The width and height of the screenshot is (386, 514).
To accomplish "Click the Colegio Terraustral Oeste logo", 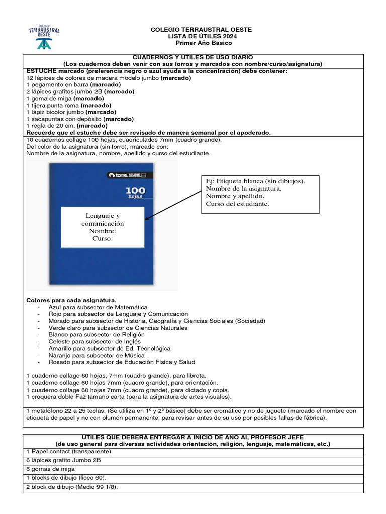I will click(x=44, y=36).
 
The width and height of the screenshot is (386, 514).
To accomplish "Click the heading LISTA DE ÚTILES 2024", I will click(x=201, y=37).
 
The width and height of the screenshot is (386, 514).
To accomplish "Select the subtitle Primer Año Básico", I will click(x=201, y=44).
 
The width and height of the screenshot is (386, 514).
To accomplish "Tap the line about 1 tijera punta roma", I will click(x=68, y=106).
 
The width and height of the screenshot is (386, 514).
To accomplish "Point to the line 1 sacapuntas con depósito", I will click(x=79, y=119).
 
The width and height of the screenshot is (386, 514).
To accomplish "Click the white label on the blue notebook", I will click(x=103, y=227).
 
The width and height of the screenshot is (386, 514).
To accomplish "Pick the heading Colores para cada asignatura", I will click(x=71, y=300).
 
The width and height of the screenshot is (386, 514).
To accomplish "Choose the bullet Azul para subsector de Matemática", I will click(x=98, y=307).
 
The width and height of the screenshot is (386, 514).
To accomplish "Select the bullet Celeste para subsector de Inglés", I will click(x=94, y=341).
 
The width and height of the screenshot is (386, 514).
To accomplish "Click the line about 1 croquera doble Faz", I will click(x=129, y=397).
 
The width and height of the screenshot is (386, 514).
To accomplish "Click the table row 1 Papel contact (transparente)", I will click(x=68, y=451).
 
